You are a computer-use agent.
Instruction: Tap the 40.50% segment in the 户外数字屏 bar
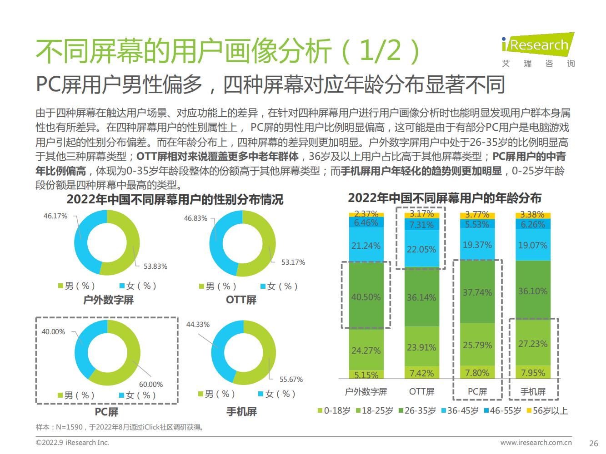pyautogui.click(x=366, y=297)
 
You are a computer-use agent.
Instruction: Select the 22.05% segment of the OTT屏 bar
pyautogui.click(x=421, y=249)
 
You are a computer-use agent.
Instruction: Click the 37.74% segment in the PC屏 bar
pyautogui.click(x=477, y=292)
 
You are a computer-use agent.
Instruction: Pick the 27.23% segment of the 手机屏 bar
pyautogui.click(x=533, y=344)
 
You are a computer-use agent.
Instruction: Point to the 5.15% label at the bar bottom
pyautogui.click(x=366, y=375)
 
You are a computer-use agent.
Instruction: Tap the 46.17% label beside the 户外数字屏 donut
pyautogui.click(x=55, y=216)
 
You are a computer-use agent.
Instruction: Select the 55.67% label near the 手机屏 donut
pyautogui.click(x=291, y=379)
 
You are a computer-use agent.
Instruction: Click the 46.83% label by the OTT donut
pyautogui.click(x=195, y=218)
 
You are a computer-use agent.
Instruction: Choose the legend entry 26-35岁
pyautogui.click(x=418, y=411)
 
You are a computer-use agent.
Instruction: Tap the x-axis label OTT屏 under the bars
pyautogui.click(x=421, y=391)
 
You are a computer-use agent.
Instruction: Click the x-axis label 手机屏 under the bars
pyautogui.click(x=533, y=391)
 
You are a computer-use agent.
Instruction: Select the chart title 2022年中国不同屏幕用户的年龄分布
pyautogui.click(x=444, y=198)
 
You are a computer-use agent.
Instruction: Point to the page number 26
pyautogui.click(x=593, y=443)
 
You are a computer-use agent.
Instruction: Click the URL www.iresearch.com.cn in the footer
pyautogui.click(x=536, y=443)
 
